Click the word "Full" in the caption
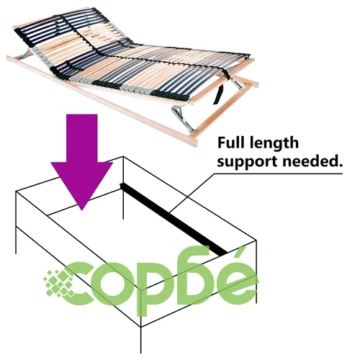click(x=231, y=143)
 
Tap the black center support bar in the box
click(x=174, y=218)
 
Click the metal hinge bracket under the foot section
click(x=184, y=118)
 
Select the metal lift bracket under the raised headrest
click(x=27, y=55)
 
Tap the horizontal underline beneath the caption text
click(x=279, y=174)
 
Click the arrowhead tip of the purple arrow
click(x=82, y=210)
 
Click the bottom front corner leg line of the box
click(x=141, y=339)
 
